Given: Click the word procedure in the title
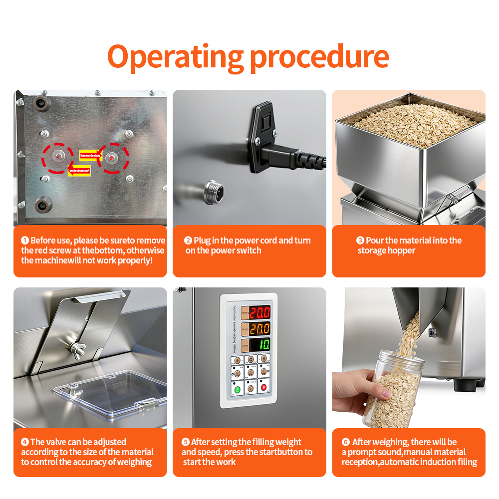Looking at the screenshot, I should click(x=319, y=57).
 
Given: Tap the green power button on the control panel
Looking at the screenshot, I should click(x=238, y=388).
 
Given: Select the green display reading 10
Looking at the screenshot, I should click(x=260, y=345).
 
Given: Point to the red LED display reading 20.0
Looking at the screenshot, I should click(x=260, y=313).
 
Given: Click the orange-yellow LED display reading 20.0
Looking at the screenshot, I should click(x=260, y=329).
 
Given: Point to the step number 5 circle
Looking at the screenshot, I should click(x=186, y=442).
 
